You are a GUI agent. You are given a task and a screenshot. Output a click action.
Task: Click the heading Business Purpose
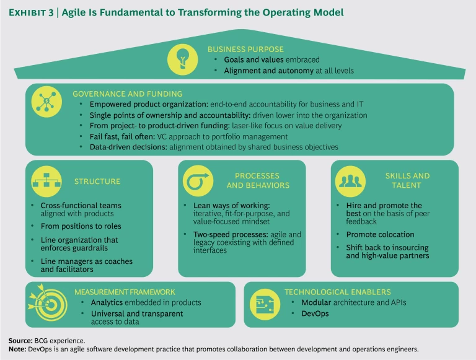tap(245, 49)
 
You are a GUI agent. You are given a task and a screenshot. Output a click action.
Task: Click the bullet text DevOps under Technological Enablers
tap(315, 314)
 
